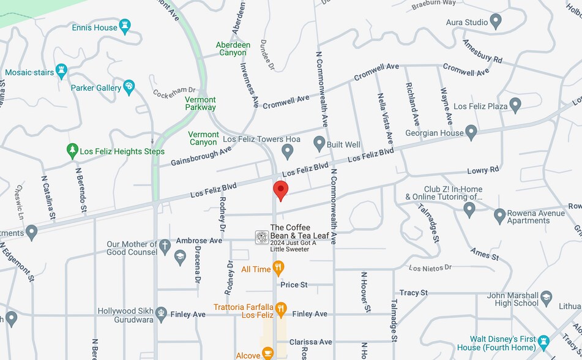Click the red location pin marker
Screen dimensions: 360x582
(280, 190)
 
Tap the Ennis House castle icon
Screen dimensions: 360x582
(125, 26)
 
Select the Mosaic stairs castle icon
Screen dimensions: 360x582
(61, 72)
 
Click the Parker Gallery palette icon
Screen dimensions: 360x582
(129, 88)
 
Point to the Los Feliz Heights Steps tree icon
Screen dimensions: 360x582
(72, 151)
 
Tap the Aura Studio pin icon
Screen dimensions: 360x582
(496, 22)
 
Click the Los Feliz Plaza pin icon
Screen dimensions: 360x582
(515, 105)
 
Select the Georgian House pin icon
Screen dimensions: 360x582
(471, 132)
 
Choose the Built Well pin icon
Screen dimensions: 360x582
(319, 144)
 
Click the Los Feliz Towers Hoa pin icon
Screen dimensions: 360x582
(288, 151)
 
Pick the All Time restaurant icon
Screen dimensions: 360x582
(279, 269)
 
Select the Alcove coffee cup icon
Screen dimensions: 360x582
(267, 353)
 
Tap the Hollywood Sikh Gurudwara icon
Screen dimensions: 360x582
(161, 313)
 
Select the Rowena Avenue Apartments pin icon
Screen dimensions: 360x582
(499, 216)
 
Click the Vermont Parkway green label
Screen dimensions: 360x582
(201, 103)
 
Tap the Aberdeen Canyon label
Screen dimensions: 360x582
(233, 48)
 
